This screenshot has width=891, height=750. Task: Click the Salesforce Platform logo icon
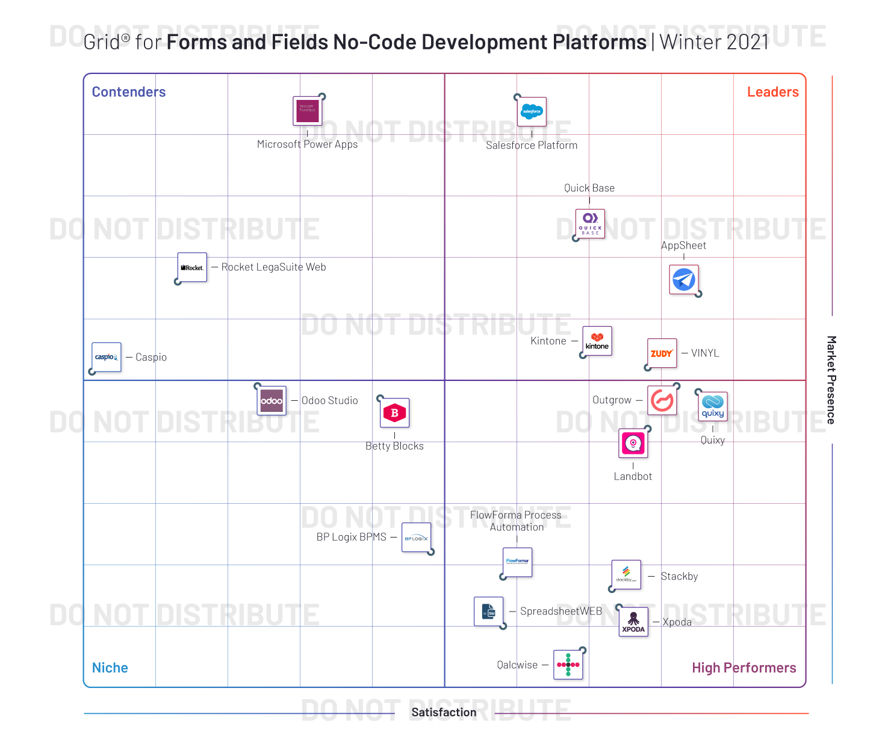click(532, 111)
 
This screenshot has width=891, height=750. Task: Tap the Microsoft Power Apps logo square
click(308, 111)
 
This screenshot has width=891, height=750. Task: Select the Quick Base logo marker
click(590, 224)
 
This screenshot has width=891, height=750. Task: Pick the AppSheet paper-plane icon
click(684, 279)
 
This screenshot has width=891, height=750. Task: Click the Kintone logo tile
click(597, 341)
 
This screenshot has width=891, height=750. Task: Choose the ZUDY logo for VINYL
click(662, 353)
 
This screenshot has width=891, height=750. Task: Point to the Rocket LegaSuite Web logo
click(192, 267)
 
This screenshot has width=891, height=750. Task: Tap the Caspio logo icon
click(107, 357)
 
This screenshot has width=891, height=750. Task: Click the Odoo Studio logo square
click(272, 401)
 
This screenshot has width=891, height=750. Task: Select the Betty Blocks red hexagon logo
click(395, 413)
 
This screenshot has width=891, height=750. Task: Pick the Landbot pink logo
click(633, 444)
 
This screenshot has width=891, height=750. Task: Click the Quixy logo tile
click(713, 406)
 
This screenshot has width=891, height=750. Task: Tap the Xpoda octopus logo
click(633, 622)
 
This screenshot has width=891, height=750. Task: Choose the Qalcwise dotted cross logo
click(568, 665)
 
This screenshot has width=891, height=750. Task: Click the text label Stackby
click(679, 576)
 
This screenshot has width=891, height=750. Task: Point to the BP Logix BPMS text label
click(352, 537)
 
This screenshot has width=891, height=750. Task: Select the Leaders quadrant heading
click(772, 92)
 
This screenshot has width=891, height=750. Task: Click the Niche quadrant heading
click(110, 668)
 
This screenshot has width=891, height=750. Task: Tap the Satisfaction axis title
click(444, 712)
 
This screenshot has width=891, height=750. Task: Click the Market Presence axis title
click(831, 380)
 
